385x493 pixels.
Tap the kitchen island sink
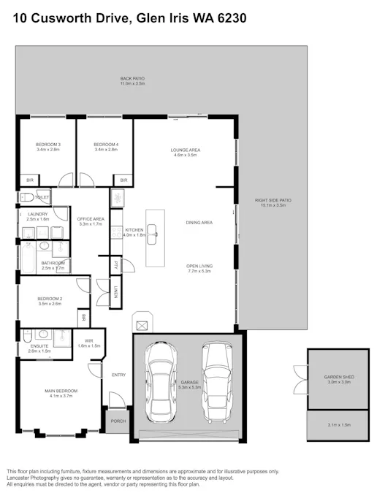[x=154, y=232]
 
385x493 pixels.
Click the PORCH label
[x=118, y=421]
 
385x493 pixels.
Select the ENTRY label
[x=118, y=375]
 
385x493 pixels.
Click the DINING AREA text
[x=199, y=222]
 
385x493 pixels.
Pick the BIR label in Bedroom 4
[x=123, y=180]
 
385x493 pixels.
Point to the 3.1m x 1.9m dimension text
[x=338, y=425]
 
